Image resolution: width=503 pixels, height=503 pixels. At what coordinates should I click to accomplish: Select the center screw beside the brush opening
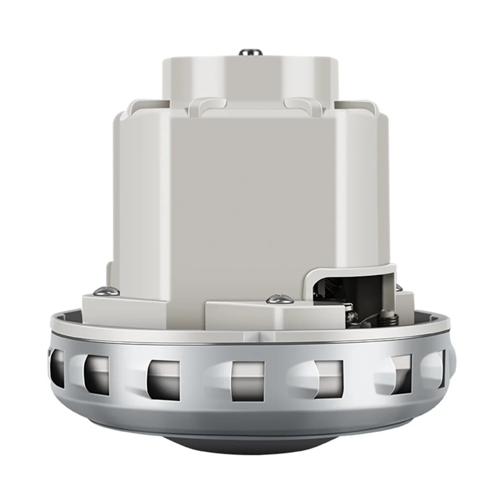pyautogui.click(x=275, y=299)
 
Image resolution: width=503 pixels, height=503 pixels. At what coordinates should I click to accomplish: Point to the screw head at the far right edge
pyautogui.click(x=399, y=287)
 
